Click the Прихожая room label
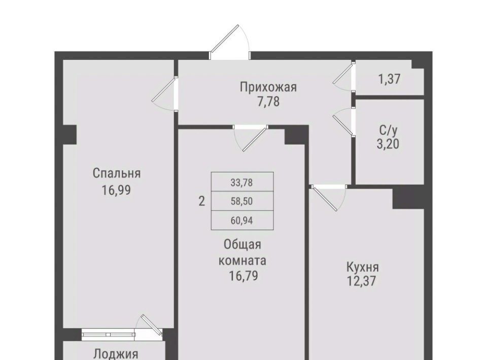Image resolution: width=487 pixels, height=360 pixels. point(268,87)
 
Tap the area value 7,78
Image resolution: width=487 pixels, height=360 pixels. point(268,101)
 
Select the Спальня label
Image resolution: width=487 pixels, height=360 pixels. point(117,173)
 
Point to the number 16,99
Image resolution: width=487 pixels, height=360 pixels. point(117,190)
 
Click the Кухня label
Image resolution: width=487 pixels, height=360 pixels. point(362,267)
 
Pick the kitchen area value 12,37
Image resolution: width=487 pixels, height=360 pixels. point(362,281)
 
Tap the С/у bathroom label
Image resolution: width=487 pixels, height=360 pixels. point(388,131)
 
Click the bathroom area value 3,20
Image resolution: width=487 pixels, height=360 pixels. point(388,145)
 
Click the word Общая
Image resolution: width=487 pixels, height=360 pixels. point(242,244)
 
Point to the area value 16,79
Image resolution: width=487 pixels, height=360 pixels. point(243,276)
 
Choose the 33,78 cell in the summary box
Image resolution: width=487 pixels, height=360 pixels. point(242,182)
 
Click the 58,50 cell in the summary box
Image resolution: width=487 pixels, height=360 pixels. point(242,201)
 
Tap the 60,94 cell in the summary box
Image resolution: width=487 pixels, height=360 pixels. point(242,221)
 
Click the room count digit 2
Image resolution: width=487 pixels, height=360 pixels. point(201,201)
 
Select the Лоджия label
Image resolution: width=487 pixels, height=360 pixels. point(116,354)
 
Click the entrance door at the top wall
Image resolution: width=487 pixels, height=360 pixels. point(230,43)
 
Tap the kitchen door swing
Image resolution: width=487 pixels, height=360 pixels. point(329,198)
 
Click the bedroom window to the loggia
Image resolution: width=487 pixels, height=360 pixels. point(109,335)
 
